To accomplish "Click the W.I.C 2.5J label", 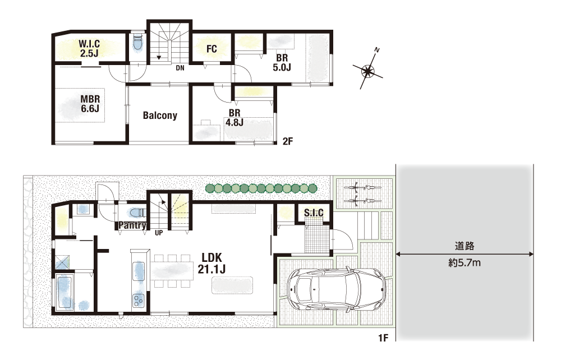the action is click(x=89, y=49).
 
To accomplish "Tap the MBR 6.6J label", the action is click(x=90, y=104).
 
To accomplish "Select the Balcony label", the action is click(x=160, y=115).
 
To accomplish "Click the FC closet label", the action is click(x=211, y=49).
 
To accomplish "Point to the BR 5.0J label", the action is click(x=282, y=62).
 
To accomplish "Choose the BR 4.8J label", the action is click(x=234, y=117).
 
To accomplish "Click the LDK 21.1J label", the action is click(x=211, y=263).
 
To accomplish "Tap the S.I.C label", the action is click(x=314, y=213).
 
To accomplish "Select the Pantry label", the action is click(x=132, y=225).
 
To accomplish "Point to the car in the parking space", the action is click(x=336, y=289).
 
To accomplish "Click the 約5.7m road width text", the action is click(x=465, y=263).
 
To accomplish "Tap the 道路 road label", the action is click(x=465, y=246).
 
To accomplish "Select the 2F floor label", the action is click(x=288, y=141).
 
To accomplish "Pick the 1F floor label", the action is click(x=383, y=338).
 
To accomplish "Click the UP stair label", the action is click(x=159, y=233).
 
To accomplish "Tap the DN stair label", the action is click(x=180, y=67).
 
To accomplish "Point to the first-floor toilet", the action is click(x=136, y=213).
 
